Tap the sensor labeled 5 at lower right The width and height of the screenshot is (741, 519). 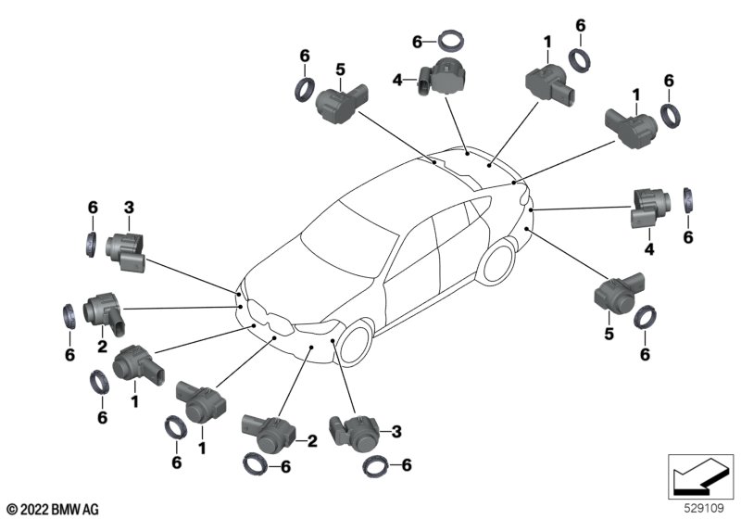(x=618, y=292)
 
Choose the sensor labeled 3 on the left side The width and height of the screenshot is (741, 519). (x=123, y=248)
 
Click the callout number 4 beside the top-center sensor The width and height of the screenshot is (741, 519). (x=398, y=81)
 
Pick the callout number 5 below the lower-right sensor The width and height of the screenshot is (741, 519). (x=609, y=333)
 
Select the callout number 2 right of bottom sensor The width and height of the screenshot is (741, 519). (x=313, y=441)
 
